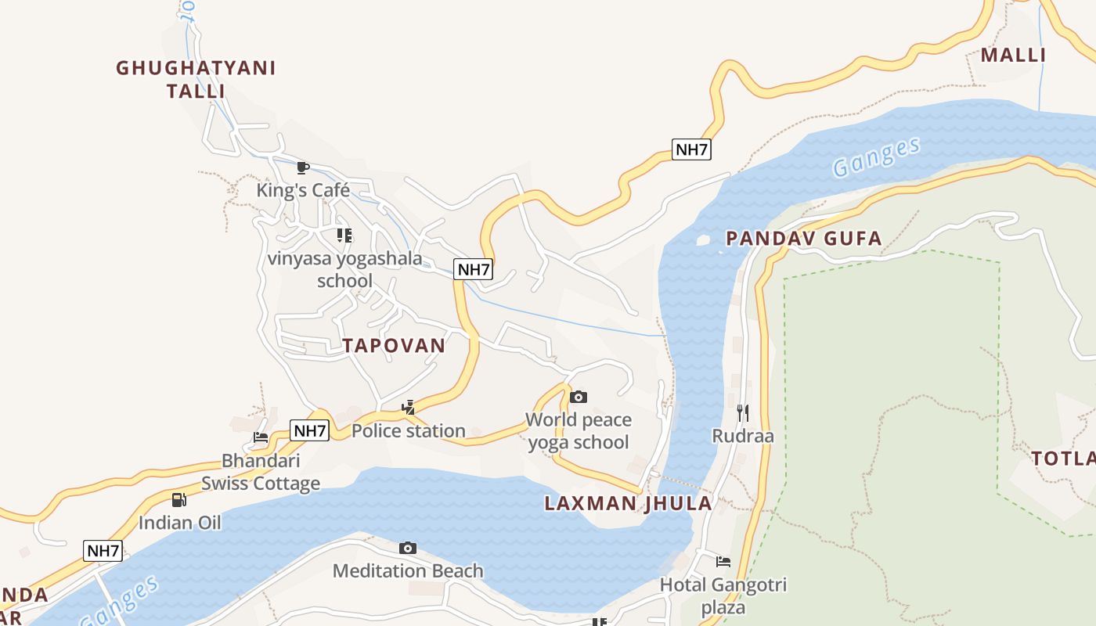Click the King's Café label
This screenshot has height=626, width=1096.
[303, 190]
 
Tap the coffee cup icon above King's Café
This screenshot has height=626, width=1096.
[303, 167]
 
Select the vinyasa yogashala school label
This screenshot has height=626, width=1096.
[344, 269]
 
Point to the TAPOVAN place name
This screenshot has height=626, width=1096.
[394, 346]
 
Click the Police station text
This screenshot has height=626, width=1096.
[408, 431]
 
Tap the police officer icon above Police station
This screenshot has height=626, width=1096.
[408, 407]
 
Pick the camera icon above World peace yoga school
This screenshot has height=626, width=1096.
[579, 397]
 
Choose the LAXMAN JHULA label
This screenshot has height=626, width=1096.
[629, 503]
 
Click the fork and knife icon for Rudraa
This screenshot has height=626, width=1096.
[742, 412]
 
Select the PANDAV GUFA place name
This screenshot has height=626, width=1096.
[804, 239]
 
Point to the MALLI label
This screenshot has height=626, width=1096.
[1013, 56]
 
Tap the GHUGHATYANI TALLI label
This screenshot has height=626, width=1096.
[196, 79]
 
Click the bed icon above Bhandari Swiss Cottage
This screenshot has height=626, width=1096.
[261, 437]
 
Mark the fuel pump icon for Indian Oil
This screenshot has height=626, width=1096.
[179, 499]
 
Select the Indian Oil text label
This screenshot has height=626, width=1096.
[180, 523]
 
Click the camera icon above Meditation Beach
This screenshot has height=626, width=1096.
[408, 548]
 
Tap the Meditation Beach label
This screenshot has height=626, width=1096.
[408, 571]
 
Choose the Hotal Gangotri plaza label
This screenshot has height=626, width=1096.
[723, 595]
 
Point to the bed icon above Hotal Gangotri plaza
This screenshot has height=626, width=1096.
[723, 561]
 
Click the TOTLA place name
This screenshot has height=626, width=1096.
[1062, 459]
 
